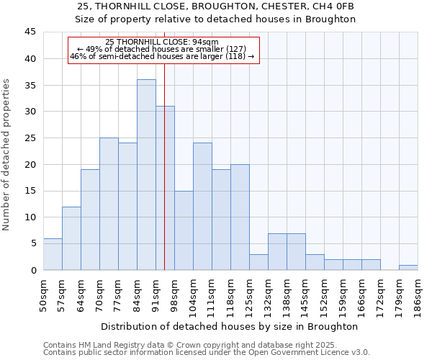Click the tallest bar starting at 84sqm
pyautogui.click(x=146, y=175)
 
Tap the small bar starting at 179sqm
pyautogui.click(x=408, y=267)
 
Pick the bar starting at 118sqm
pyautogui.click(x=240, y=217)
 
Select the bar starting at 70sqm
pyautogui.click(x=109, y=204)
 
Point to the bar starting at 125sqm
pyautogui.click(x=258, y=262)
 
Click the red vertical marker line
pyautogui.click(x=165, y=180)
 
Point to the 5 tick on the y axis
pyautogui.click(x=33, y=243)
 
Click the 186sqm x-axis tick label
pyautogui.click(x=418, y=294)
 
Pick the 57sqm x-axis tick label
pyautogui.click(x=62, y=294)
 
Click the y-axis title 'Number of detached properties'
pyautogui.click(x=7, y=155)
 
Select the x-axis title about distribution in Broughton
pyautogui.click(x=230, y=326)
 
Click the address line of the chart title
pyautogui.click(x=216, y=6)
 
